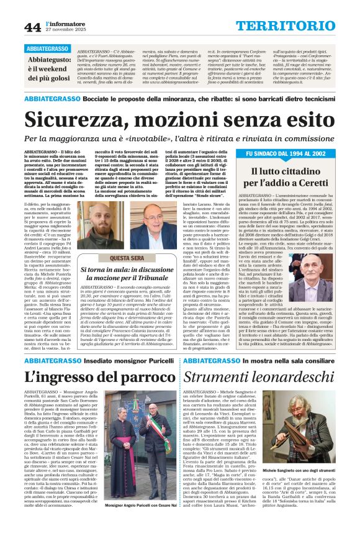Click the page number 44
pos(32,27)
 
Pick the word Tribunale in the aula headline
pos(155,278)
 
